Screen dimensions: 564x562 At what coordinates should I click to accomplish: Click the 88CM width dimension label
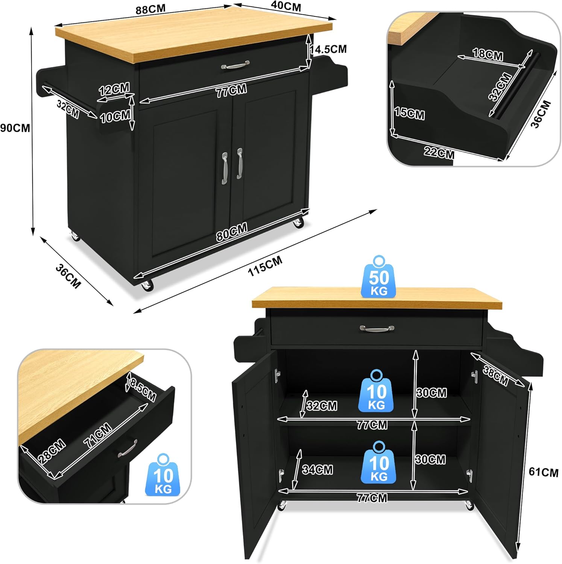(150, 9)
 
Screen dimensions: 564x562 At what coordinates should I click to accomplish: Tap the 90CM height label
(15, 128)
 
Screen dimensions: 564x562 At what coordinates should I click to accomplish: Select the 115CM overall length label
(265, 266)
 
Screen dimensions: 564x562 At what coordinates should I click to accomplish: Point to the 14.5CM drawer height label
(328, 49)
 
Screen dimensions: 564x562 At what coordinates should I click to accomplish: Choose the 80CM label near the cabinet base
(232, 232)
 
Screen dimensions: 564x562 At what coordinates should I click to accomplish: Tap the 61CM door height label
(543, 472)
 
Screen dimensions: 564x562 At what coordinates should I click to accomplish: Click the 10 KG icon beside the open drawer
(163, 475)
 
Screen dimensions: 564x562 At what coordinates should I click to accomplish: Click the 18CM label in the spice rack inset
(488, 55)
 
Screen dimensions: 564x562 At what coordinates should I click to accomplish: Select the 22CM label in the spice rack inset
(439, 153)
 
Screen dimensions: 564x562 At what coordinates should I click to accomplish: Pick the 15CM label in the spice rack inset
(410, 113)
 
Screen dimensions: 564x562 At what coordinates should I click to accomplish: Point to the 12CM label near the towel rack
(114, 89)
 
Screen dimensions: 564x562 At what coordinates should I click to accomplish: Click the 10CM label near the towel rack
(115, 117)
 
